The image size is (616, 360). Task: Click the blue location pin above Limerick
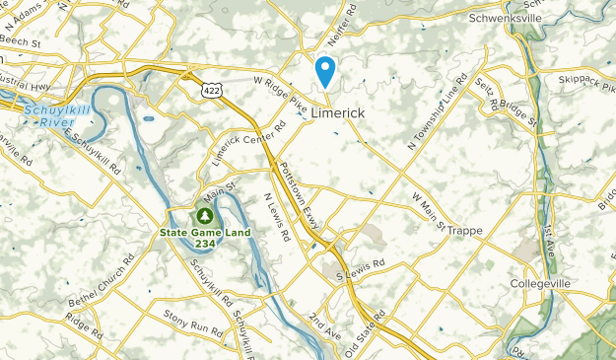[324, 70]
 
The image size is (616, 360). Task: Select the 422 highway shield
[213, 89]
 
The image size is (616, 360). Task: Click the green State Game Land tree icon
[205, 214]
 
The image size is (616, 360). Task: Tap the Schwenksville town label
[507, 18]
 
